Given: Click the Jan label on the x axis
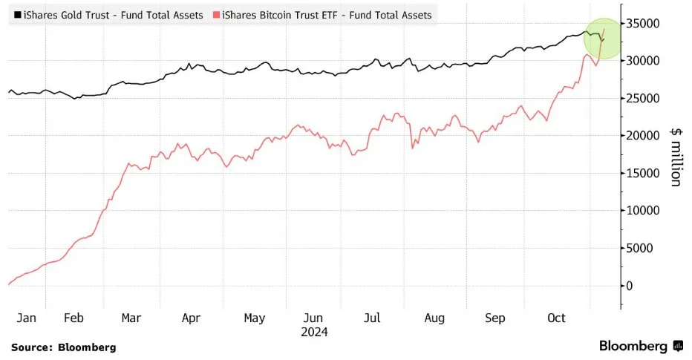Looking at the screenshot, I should pos(26,318).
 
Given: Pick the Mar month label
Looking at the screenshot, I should pos(131,318).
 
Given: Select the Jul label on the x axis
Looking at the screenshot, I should pos(373,318).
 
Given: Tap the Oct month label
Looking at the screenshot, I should pos(556,318).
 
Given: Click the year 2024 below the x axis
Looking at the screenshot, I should pos(314,332).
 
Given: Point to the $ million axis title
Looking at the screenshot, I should pos(675,155).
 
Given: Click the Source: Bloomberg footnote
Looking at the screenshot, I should pos(64,347).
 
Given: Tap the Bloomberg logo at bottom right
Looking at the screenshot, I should pos(641,346).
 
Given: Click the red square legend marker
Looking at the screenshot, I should pos(217,15).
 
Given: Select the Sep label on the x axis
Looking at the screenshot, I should pos(495,318).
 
